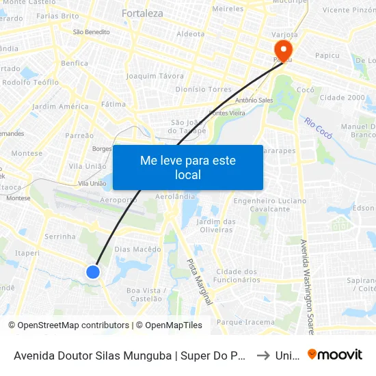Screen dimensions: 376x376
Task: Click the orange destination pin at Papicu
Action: [282, 50]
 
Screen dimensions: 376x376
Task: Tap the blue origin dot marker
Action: [93, 272]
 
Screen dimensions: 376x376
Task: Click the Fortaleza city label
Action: [142, 13]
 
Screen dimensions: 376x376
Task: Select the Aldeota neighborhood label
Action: [191, 33]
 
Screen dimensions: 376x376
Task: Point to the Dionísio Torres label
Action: [204, 89]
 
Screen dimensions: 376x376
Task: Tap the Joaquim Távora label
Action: [155, 76]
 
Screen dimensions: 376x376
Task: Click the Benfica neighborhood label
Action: [74, 63]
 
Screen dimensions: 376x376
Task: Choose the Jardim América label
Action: [60, 107]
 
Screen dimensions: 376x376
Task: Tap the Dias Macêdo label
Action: [137, 250]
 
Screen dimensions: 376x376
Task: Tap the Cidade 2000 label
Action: [342, 98]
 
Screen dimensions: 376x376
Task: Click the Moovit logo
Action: [334, 354]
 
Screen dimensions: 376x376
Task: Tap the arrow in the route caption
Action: [263, 355]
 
